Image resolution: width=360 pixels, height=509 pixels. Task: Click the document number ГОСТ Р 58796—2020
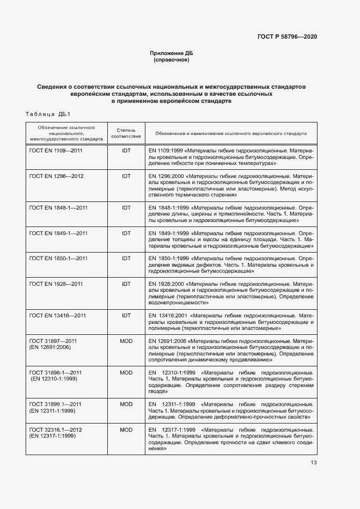(x=286, y=36)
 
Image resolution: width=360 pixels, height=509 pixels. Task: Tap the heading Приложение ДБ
(x=172, y=53)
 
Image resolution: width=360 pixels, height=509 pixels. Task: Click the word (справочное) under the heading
(x=172, y=60)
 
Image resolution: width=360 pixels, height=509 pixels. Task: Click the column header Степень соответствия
(x=126, y=133)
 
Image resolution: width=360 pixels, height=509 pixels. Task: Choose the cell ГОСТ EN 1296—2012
(x=56, y=176)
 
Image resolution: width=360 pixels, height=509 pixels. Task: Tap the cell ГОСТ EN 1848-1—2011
(x=58, y=208)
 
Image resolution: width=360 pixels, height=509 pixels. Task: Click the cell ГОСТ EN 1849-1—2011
(x=58, y=233)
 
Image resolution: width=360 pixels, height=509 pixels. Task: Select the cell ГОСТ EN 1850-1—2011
(x=58, y=257)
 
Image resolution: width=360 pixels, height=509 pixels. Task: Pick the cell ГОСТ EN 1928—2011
(x=56, y=284)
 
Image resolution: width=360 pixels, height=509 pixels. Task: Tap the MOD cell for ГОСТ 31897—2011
(x=126, y=341)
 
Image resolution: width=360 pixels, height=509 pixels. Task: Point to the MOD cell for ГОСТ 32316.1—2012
(x=126, y=430)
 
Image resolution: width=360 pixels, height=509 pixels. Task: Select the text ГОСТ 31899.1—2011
(x=55, y=404)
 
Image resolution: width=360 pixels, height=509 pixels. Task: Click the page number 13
(x=314, y=463)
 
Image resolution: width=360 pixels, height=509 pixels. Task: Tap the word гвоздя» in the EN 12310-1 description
(x=158, y=391)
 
